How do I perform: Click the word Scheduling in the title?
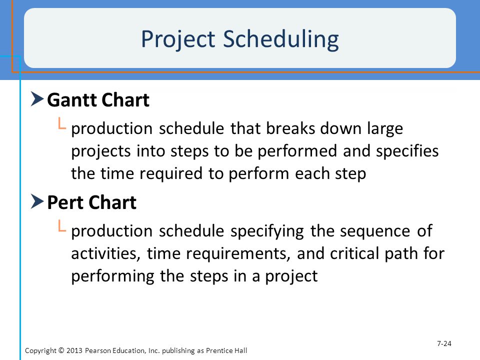coord(281,39)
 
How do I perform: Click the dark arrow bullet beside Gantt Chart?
coord(37,99)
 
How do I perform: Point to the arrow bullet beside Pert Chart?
coord(37,201)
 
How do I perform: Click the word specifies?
coord(407,151)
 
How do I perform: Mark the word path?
coord(400,254)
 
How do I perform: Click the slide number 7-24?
coord(444,343)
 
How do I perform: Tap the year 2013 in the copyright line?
coord(74,350)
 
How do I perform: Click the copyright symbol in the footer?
coord(61,350)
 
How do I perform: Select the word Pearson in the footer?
coord(97,350)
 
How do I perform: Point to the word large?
coord(385,128)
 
